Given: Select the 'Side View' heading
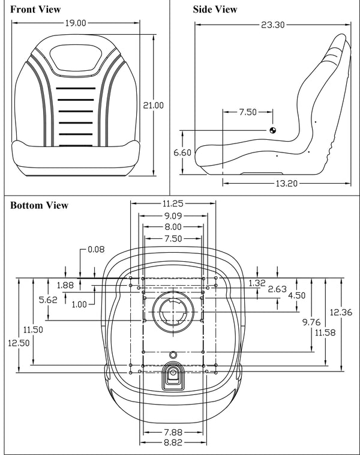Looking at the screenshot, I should tap(214, 9).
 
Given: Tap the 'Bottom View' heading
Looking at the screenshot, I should tap(39, 205).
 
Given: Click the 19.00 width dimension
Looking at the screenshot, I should tap(76, 23).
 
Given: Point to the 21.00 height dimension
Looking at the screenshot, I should tap(152, 105).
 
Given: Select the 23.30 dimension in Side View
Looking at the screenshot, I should tap(273, 25).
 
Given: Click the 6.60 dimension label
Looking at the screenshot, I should tap(182, 152).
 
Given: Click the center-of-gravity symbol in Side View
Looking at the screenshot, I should tap(273, 130).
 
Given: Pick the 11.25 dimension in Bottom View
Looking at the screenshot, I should tap(173, 203).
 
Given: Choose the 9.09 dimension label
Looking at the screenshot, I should tap(173, 215).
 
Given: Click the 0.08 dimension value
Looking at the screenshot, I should tap(96, 249).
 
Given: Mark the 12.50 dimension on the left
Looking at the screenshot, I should tap(13, 342).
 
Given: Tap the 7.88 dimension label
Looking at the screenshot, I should tap(173, 432).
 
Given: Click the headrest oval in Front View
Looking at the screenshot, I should tap(76, 59).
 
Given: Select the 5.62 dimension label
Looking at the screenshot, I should tap(47, 300).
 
